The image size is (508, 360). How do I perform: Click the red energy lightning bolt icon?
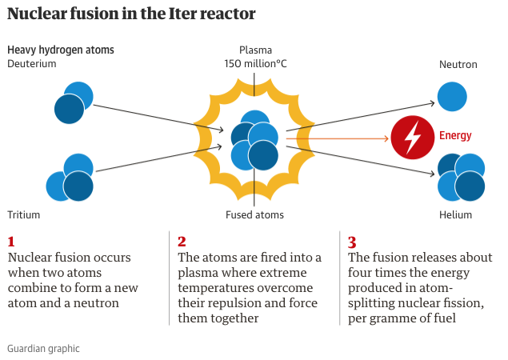coord(412,138)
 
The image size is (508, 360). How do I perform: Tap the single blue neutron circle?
coord(452,95)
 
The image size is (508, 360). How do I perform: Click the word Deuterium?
coord(32,64)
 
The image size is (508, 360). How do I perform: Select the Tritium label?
coord(23,214)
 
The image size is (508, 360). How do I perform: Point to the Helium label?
coord(455,214)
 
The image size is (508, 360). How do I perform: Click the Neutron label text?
coord(458,64)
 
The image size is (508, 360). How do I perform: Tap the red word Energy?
coord(455,136)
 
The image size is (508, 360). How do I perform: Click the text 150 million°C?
coord(254,64)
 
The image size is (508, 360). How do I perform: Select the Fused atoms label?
coord(254,214)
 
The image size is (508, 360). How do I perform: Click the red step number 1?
coord(11,241)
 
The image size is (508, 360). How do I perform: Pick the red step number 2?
coord(182,241)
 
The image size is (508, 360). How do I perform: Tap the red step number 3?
coord(352,241)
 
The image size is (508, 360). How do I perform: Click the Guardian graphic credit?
coord(43,349)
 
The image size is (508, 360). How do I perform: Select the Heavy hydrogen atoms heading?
coord(61,50)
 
